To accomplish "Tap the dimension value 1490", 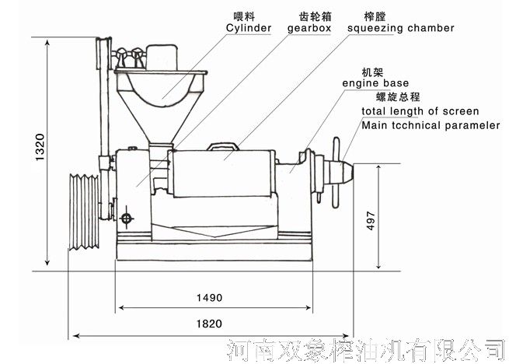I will click(209, 297).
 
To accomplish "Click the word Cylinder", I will click(249, 28).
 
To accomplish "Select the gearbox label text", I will click(309, 28).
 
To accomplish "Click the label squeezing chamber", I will click(401, 28).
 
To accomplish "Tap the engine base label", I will click(375, 82).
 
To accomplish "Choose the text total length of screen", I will click(420, 111).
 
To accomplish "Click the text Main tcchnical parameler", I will click(431, 125).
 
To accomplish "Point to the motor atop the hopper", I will click(162, 54).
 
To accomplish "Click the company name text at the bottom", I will click(368, 349).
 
